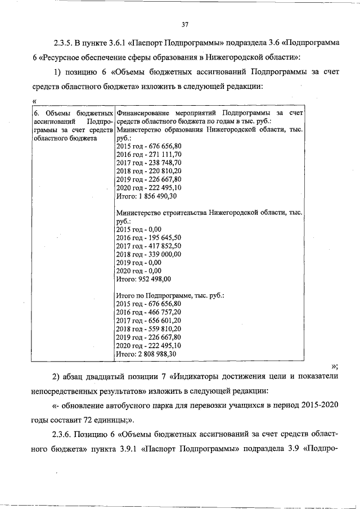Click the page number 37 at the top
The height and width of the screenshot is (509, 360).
point(184,24)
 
